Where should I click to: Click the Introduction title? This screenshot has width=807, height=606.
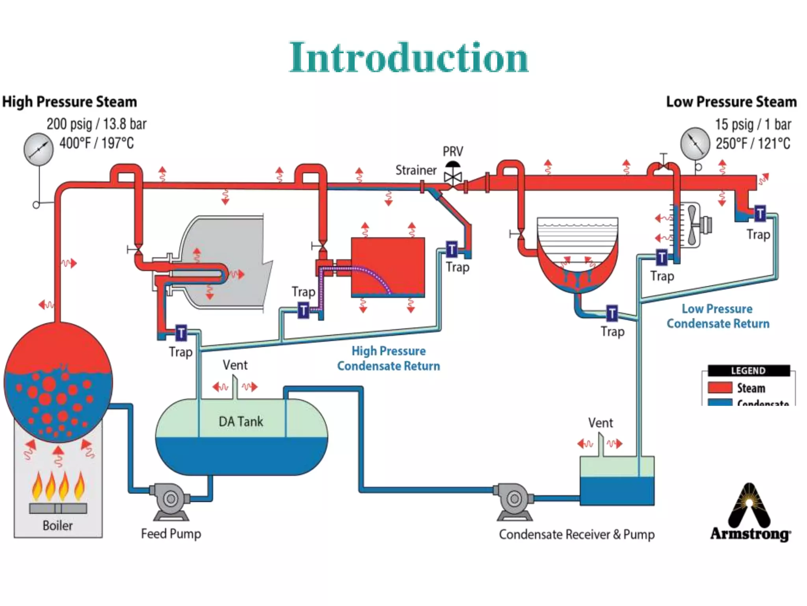pos(408,58)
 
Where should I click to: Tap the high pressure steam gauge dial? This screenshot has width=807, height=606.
pos(38,149)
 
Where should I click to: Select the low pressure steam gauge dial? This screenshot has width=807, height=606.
pos(695,143)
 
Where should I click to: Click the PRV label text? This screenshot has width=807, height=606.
pos(453,151)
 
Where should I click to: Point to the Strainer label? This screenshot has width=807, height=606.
pos(416,170)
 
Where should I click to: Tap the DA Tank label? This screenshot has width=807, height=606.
pos(241,421)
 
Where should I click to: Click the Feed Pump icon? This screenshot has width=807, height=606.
pos(170,500)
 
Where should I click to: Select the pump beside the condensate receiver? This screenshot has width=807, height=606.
pos(514,500)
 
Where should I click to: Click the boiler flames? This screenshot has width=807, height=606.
pos(58,486)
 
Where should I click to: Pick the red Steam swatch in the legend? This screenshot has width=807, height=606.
pos(720,387)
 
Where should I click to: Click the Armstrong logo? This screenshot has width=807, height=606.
pos(750,513)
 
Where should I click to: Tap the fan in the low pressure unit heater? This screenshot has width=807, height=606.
pos(693,225)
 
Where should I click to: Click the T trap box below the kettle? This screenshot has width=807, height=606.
pos(612,314)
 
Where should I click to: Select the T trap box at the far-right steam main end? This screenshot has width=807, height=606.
pos(760,213)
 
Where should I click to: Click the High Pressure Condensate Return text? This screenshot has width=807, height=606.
pos(389,358)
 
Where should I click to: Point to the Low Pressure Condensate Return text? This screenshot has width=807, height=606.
pos(718,316)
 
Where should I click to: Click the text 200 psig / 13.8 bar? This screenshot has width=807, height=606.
pos(97,124)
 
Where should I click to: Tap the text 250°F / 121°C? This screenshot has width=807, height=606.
pos(753,143)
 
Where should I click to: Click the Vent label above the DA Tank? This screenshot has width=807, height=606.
pos(235,365)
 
